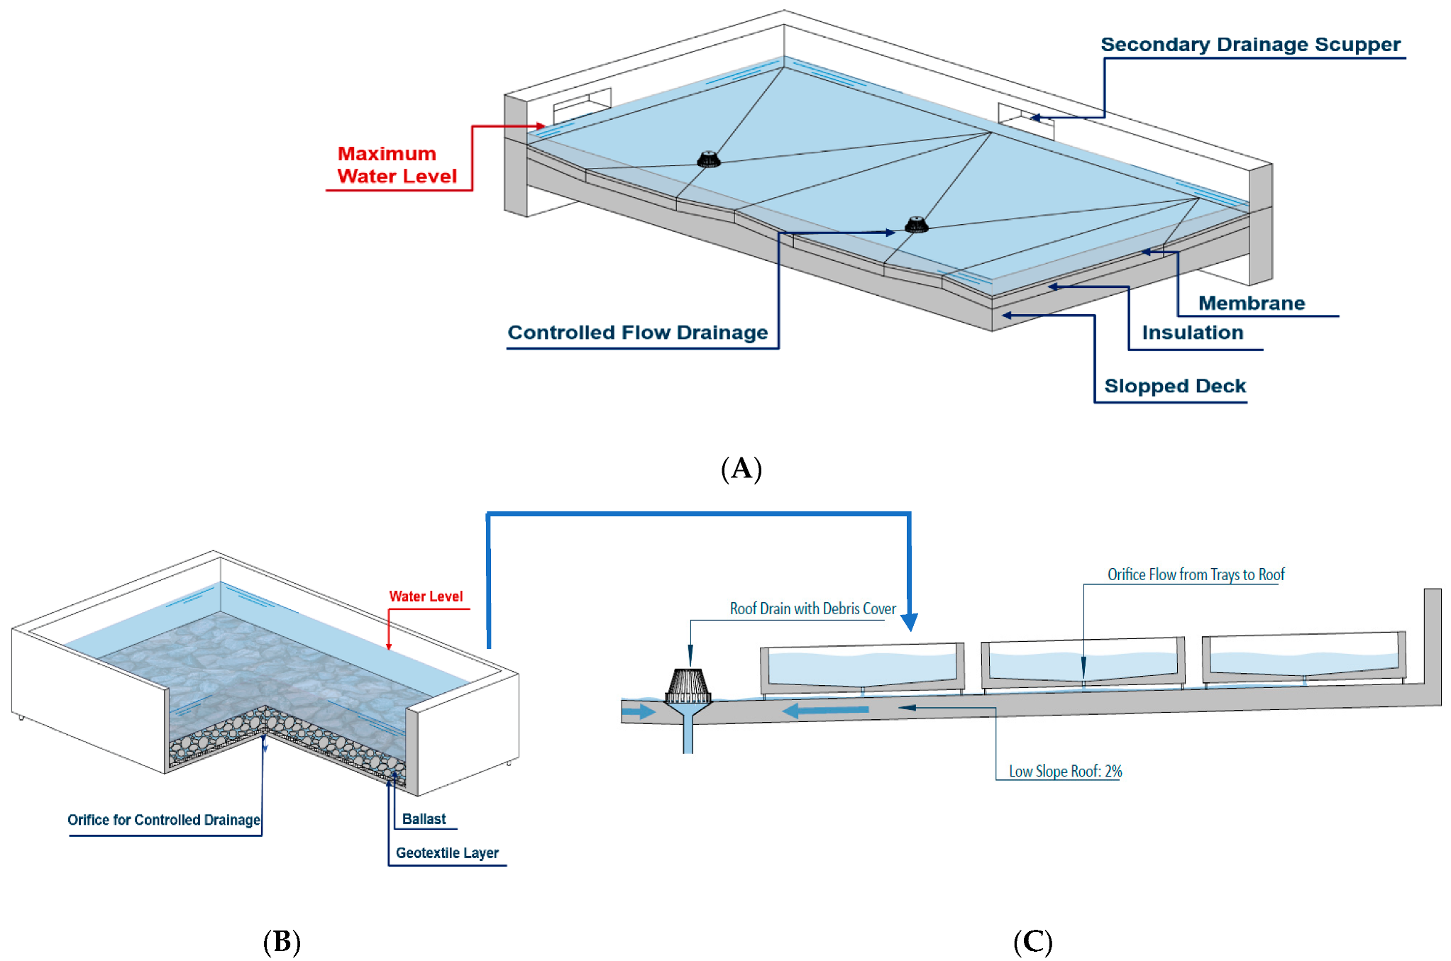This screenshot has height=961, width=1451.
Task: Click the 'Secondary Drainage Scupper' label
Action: click(1250, 45)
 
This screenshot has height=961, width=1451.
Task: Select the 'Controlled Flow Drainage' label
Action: click(637, 333)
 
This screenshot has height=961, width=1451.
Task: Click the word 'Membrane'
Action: click(1251, 304)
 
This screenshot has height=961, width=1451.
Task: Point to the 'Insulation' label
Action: click(1192, 333)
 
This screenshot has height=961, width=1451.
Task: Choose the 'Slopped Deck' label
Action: click(1174, 386)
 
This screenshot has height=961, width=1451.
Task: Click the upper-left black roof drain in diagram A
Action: click(708, 159)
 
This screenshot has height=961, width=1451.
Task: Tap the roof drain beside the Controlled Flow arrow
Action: click(916, 225)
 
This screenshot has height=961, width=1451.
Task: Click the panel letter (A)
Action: click(741, 469)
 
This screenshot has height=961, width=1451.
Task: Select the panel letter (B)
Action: click(282, 942)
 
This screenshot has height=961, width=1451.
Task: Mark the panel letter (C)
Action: click(1032, 942)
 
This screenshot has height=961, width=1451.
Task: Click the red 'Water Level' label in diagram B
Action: click(426, 596)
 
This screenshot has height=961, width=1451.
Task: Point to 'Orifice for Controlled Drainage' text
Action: click(164, 820)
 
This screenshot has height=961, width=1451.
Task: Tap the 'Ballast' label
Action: click(424, 819)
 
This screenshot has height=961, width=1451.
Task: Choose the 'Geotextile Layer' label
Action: click(447, 853)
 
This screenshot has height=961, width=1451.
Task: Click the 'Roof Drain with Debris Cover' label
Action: click(812, 609)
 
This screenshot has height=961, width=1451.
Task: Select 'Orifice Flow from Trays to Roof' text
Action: click(1196, 574)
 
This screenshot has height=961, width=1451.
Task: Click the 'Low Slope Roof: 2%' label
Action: click(1065, 771)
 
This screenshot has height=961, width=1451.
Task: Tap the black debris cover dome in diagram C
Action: click(688, 684)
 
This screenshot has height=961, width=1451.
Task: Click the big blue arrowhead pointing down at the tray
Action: click(909, 622)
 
